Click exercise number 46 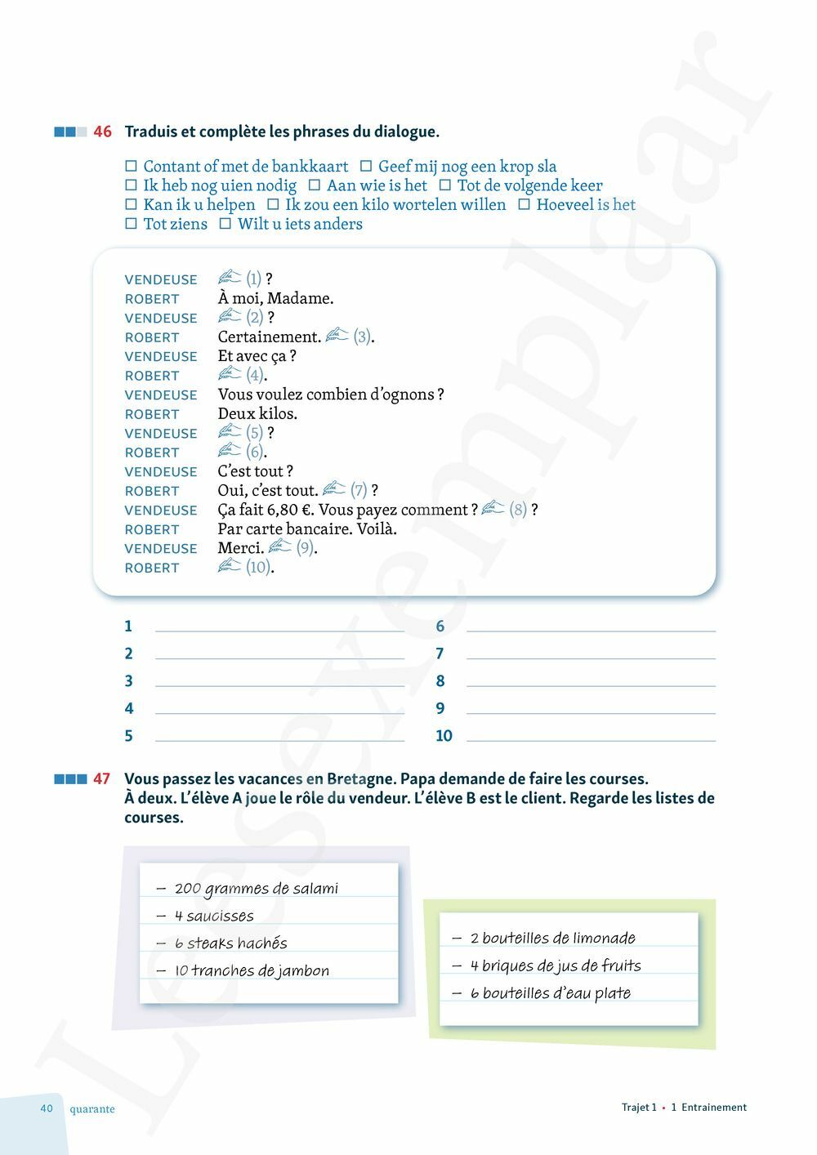[x=102, y=132]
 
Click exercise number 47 [x=101, y=778]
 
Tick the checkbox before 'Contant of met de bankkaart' [x=131, y=167]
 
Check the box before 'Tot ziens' [x=131, y=224]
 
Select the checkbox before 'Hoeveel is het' [x=524, y=205]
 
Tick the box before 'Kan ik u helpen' [x=131, y=205]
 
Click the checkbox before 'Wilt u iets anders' [x=225, y=224]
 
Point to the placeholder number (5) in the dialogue [x=254, y=433]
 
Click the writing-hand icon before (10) [x=230, y=566]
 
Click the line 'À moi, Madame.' [x=275, y=298]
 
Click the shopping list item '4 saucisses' [x=213, y=916]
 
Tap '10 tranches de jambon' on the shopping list [x=252, y=971]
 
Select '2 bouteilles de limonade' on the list [x=552, y=939]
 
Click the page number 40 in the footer [x=47, y=1108]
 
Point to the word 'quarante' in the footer [x=92, y=1109]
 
